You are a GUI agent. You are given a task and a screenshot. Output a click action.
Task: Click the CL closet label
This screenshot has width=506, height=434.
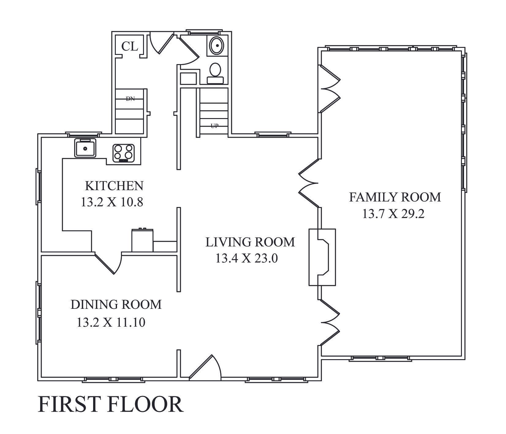tap(130, 46)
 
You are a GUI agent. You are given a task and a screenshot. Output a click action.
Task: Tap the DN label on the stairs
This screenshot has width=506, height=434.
tap(130, 99)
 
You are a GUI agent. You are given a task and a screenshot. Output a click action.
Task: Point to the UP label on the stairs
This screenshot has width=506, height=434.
tap(214, 125)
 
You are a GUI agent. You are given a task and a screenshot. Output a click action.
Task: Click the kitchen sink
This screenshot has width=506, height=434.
tap(85, 148)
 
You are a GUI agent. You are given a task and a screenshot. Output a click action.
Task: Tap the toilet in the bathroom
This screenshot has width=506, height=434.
tap(216, 73)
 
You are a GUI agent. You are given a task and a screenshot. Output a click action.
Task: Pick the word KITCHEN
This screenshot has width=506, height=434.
tap(114, 186)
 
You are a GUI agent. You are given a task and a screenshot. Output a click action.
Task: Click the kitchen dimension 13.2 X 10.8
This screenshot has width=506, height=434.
tap(112, 202)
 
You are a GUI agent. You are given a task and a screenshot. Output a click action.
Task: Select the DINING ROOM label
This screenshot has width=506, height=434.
tap(116, 305)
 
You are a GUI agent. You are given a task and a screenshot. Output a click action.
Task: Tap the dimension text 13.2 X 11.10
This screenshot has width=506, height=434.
tap(111, 322)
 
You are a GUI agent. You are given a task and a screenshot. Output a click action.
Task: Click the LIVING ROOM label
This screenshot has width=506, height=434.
tap(250, 242)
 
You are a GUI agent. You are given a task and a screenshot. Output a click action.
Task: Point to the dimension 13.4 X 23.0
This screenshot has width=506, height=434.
tap(247, 259)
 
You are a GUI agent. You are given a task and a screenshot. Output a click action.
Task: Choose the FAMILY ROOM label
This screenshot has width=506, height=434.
tap(395, 197)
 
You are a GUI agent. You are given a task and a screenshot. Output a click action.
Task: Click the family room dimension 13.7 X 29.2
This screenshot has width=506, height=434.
tap(393, 214)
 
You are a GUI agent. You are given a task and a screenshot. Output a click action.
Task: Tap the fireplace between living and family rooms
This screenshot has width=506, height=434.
tap(322, 257)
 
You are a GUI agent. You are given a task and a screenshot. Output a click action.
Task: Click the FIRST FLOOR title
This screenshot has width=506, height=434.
tap(111, 404)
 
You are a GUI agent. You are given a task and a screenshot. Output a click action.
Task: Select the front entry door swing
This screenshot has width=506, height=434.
tap(205, 367)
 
